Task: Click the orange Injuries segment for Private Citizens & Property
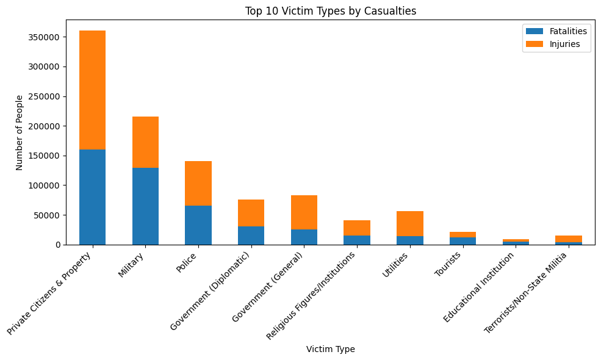[92, 90]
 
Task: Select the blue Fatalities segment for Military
[145, 206]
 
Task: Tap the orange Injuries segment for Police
[198, 183]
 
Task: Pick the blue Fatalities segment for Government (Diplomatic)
[251, 236]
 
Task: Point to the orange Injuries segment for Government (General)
[304, 212]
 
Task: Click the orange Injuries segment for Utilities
[409, 223]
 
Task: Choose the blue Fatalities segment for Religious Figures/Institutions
[357, 240]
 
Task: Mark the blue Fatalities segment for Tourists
[462, 241]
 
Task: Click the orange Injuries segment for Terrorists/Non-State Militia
[568, 239]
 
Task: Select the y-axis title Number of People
[20, 132]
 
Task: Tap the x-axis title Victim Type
[330, 350]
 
